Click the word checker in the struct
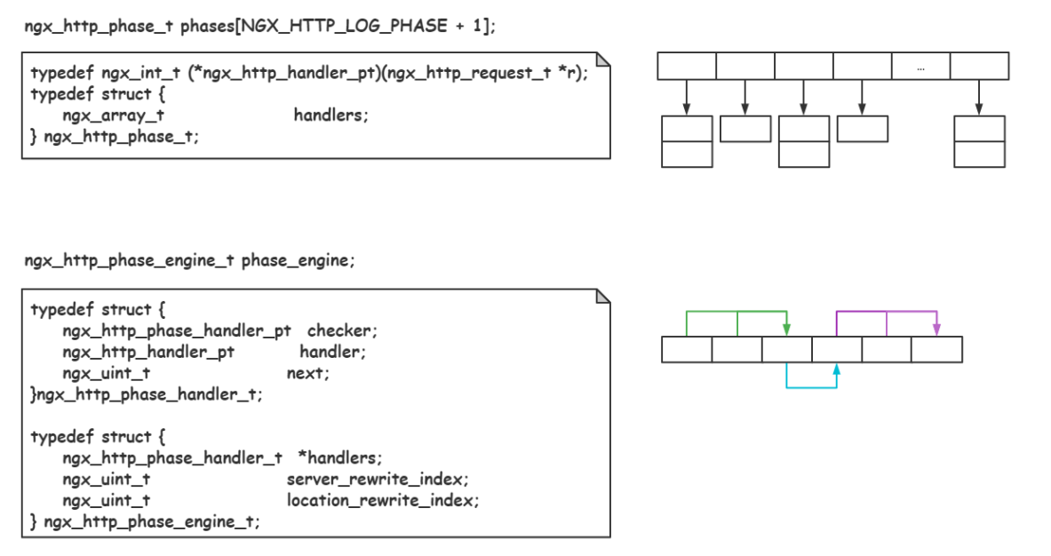tap(342, 330)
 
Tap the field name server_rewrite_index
tap(377, 480)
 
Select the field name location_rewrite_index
tap(382, 500)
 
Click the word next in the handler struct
tap(307, 373)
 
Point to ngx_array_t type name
tap(114, 115)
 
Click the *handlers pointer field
tap(339, 458)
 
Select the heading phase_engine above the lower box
tap(298, 261)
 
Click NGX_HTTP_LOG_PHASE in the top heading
tap(355, 26)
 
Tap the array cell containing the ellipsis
tap(920, 67)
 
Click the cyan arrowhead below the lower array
tap(837, 369)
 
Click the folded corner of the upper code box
tap(602, 60)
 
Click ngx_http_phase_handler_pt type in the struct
tap(177, 330)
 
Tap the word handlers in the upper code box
tap(330, 115)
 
